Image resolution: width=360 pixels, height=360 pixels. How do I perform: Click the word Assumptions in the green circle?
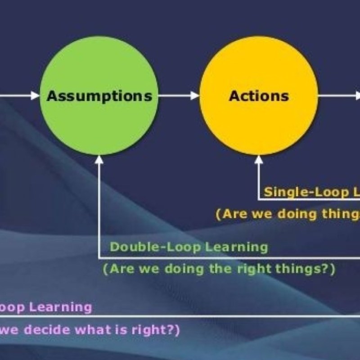99,96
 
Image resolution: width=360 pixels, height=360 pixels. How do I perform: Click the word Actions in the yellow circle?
259,96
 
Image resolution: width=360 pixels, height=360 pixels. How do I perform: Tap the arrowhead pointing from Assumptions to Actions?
195,96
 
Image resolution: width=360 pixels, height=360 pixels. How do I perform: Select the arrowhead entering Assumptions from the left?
35,96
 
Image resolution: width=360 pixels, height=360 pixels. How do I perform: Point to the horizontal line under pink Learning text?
180,316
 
